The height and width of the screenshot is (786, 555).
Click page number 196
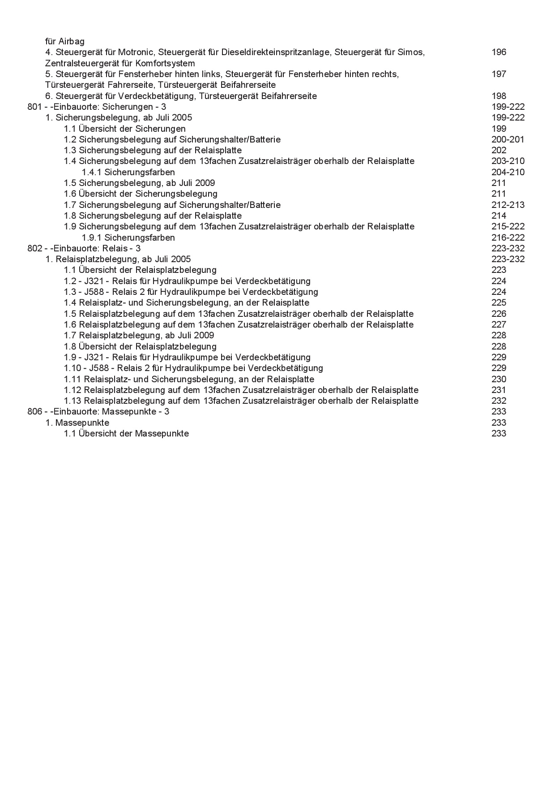click(499, 52)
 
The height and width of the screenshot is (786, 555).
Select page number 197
click(499, 74)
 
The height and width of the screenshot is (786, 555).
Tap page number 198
click(499, 96)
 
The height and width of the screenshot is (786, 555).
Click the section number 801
click(34, 107)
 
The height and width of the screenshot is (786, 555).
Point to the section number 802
click(34, 248)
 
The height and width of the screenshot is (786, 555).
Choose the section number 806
click(34, 411)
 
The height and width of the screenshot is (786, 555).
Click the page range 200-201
click(508, 139)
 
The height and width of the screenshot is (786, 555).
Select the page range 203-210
click(508, 161)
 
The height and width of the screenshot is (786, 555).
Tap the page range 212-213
click(508, 205)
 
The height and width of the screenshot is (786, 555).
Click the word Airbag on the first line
click(72, 41)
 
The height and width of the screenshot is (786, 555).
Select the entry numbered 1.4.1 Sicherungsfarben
click(128, 172)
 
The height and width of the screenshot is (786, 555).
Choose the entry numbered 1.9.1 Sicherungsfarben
click(128, 238)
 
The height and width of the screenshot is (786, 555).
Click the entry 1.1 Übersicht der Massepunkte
click(126, 433)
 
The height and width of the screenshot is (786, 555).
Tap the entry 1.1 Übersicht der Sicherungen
click(124, 129)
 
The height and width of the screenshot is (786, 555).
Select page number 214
click(499, 216)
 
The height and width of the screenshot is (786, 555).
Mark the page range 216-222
click(508, 238)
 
